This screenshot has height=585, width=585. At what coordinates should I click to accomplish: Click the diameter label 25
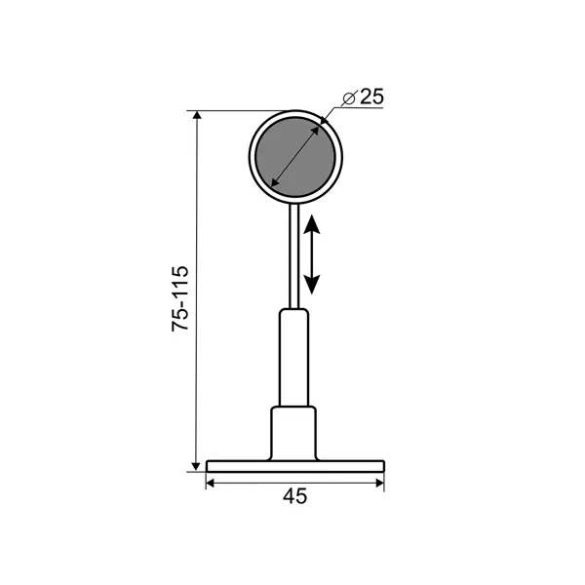pos(371,97)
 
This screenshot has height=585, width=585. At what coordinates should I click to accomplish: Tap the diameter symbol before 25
pos(350,98)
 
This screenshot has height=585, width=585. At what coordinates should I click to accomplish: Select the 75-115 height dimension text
pos(180,298)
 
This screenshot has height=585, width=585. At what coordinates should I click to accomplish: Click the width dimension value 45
pos(294,496)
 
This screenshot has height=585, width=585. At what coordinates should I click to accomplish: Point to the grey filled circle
pos(295,157)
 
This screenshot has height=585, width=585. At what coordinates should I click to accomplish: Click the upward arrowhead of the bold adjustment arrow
pos(312,224)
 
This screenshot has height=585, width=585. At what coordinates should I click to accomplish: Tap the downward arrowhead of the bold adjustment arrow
pos(312,285)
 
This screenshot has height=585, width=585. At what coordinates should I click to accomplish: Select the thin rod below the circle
pos(294,255)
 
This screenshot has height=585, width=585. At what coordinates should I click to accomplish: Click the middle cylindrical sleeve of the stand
pos(294,357)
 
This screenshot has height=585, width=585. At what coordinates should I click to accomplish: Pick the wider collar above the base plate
pos(293,433)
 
